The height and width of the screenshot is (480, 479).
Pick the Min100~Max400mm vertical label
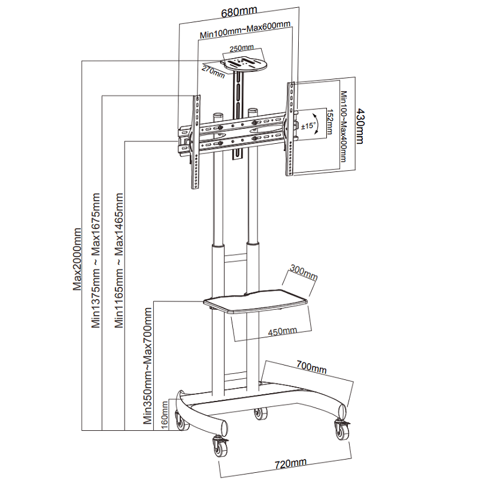click(343, 126)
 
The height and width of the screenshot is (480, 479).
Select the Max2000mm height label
click(77, 258)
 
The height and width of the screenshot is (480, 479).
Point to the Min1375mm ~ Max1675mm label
click(96, 261)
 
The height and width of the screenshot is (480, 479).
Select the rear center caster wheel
click(260, 413)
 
